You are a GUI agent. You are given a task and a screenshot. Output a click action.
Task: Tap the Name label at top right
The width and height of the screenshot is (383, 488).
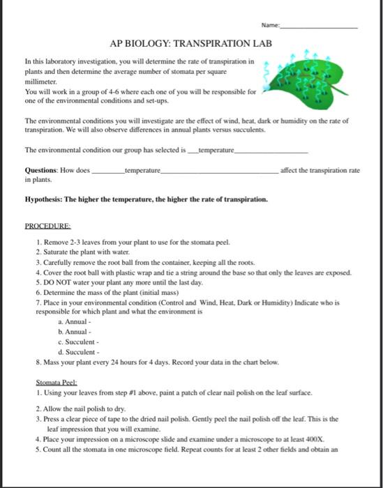tap(270, 25)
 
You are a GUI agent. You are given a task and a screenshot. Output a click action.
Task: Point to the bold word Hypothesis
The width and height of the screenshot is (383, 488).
tap(43, 199)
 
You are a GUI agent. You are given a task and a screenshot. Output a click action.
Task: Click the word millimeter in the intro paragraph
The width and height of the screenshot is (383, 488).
tap(41, 80)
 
